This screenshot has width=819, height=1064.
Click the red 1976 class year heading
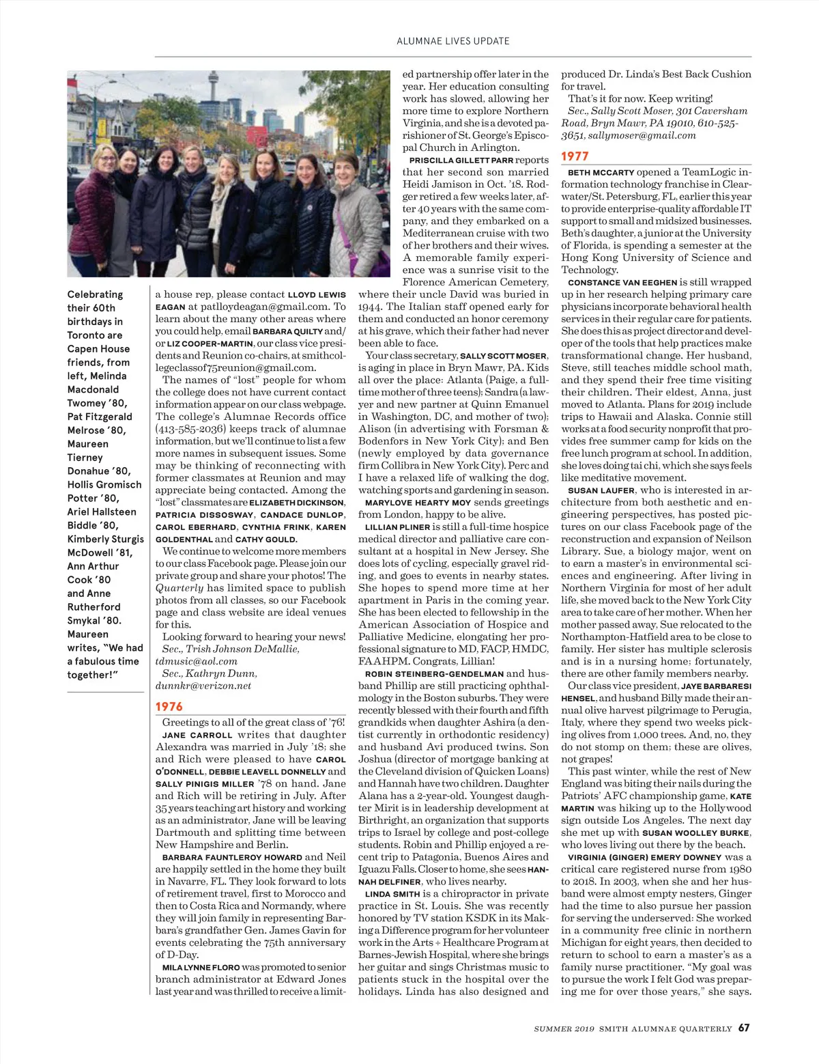pyautogui.click(x=169, y=706)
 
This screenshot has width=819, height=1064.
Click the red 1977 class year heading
pyautogui.click(x=575, y=156)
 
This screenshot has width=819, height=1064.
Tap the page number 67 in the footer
pyautogui.click(x=744, y=1028)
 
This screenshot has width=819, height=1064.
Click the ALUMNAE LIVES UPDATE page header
pyautogui.click(x=452, y=41)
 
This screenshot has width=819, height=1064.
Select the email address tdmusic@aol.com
pyautogui.click(x=197, y=661)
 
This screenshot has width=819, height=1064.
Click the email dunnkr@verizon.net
pyautogui.click(x=203, y=686)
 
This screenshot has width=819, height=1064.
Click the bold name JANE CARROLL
pyautogui.click(x=197, y=735)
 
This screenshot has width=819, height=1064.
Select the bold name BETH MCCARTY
pyautogui.click(x=601, y=173)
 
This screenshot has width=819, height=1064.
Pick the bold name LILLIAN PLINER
pyautogui.click(x=397, y=527)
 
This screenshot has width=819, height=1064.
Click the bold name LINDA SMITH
pyautogui.click(x=392, y=894)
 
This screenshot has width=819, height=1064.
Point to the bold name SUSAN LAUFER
pyautogui.click(x=601, y=490)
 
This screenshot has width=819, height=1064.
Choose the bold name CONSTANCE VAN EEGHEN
pyautogui.click(x=622, y=282)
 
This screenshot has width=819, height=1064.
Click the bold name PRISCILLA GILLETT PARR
pyautogui.click(x=461, y=160)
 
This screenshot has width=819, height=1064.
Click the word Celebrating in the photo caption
pyautogui.click(x=95, y=294)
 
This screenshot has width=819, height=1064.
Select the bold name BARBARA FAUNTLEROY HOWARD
pyautogui.click(x=232, y=857)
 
